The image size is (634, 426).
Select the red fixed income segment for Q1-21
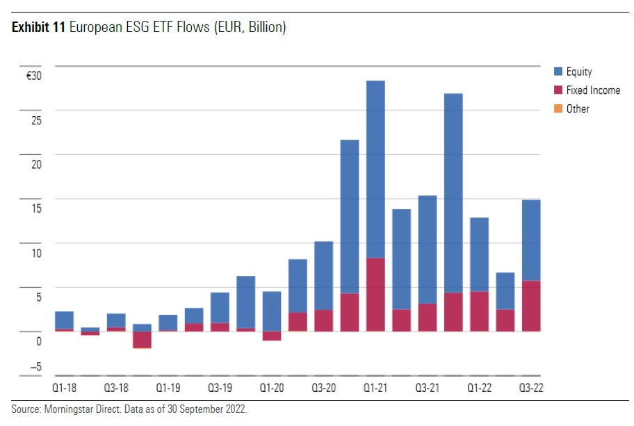tap(375, 295)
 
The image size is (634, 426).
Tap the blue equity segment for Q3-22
tap(531, 240)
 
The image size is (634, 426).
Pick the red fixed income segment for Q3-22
tap(531, 306)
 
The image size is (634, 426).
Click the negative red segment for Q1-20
tap(272, 336)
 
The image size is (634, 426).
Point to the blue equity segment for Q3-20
tap(323, 275)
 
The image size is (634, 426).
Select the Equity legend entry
tap(578, 72)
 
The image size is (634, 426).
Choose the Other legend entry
tap(577, 108)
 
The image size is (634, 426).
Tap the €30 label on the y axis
tap(34, 76)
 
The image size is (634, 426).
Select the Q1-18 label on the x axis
tap(65, 388)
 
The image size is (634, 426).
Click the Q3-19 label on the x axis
tap(220, 388)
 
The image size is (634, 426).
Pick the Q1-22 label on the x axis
tap(479, 388)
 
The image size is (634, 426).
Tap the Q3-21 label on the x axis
tap(427, 388)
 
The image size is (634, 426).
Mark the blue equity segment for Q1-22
tap(479, 254)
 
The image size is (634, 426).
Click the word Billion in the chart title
tap(263, 27)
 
